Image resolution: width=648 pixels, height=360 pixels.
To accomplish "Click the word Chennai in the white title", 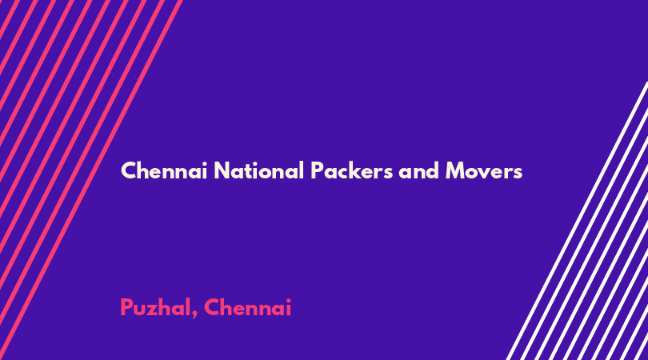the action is (x=164, y=170).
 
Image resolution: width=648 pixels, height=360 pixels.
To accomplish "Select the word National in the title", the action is (x=259, y=170).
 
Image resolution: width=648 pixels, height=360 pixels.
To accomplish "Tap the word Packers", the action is (x=352, y=170).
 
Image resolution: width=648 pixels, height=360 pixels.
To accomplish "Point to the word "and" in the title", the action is (x=418, y=170).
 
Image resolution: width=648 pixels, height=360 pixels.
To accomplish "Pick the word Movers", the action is (x=484, y=170).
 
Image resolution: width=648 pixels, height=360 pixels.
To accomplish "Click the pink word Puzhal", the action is (x=156, y=307).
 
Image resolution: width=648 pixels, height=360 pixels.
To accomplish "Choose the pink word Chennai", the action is (x=247, y=307).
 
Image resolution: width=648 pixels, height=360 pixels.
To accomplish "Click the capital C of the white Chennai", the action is (x=128, y=170).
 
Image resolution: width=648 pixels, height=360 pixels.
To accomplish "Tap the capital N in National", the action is (x=222, y=170).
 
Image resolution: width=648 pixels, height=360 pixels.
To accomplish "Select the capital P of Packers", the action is (x=317, y=170).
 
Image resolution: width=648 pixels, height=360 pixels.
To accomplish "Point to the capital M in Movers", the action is (x=455, y=170).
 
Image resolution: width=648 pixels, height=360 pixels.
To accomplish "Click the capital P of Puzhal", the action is (x=126, y=307).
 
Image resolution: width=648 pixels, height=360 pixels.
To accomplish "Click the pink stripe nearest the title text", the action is (x=90, y=180).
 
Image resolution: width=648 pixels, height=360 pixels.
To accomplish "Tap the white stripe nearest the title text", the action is (x=577, y=221).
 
